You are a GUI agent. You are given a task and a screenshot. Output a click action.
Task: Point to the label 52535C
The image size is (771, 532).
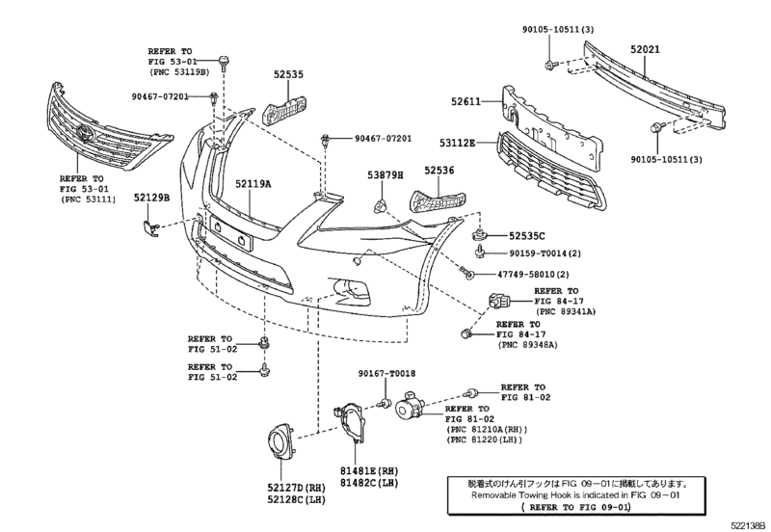coord(527,235)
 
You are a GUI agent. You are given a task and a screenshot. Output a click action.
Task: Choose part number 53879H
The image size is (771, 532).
coord(385,173)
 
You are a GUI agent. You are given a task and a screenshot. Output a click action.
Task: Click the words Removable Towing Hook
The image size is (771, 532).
coord(527,493)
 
